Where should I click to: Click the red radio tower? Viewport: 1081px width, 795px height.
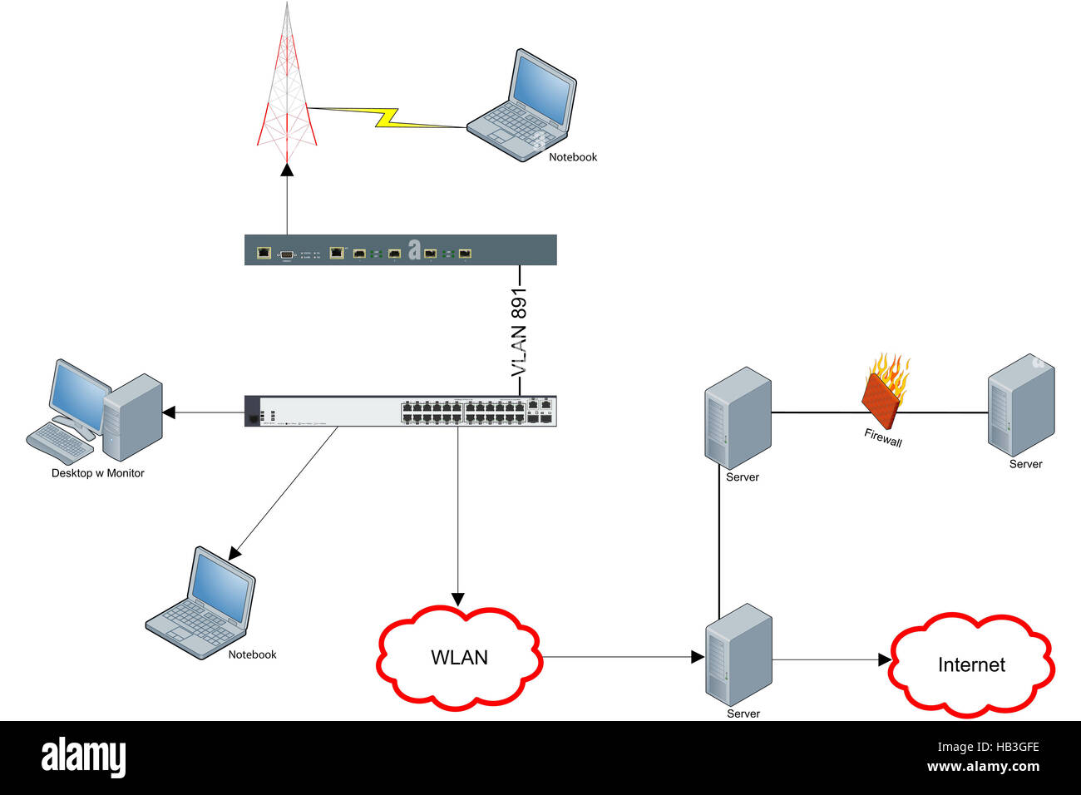[x=287, y=91]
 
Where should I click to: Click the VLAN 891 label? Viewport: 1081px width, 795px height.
[x=519, y=333]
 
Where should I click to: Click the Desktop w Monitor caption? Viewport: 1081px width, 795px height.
[x=98, y=473]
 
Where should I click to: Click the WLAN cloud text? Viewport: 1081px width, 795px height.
[x=459, y=658]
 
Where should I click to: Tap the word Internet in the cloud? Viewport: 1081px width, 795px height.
[x=971, y=665]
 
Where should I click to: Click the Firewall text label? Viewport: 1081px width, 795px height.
[x=882, y=437]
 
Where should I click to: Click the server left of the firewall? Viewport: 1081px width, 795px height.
[x=738, y=417]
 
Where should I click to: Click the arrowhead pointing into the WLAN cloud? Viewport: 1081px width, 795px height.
[x=457, y=600]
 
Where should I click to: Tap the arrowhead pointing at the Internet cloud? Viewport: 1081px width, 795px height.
[x=885, y=660]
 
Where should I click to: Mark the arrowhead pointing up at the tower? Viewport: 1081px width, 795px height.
[x=288, y=170]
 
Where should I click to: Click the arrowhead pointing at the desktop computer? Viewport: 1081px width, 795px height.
[x=169, y=412]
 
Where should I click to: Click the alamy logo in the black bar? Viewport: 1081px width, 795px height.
[x=83, y=757]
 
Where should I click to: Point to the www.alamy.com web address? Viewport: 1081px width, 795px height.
[x=983, y=767]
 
